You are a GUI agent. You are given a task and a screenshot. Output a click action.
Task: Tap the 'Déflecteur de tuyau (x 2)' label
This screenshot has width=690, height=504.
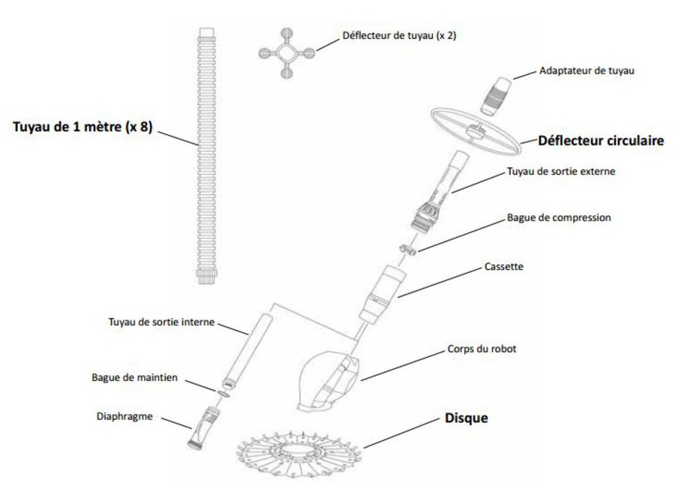click(x=398, y=35)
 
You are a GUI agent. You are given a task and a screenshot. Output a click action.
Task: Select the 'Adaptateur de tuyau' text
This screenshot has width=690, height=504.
click(x=587, y=71)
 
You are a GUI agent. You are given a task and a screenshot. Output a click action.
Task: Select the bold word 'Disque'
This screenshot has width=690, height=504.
click(x=466, y=418)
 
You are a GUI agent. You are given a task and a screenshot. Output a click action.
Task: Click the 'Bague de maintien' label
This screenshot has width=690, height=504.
click(x=136, y=378)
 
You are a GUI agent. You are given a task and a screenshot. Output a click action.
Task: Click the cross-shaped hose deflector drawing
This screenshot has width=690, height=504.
click(x=285, y=53)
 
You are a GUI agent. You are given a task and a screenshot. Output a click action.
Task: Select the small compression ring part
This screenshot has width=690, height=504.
click(x=408, y=249)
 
